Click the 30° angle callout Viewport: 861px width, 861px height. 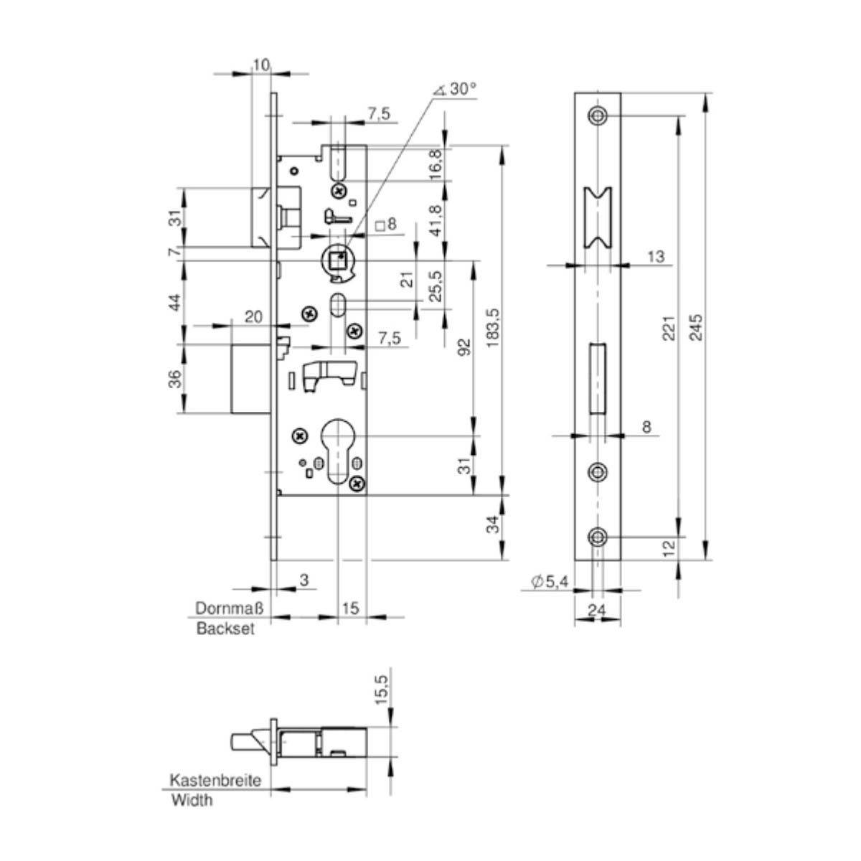point(456,89)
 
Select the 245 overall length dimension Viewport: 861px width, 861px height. point(697,327)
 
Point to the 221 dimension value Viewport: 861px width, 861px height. point(669,329)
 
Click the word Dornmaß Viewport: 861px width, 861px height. point(230,608)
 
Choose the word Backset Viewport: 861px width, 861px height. point(225,629)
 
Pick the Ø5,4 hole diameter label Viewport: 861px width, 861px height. point(550,581)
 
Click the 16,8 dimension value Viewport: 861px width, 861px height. point(436,164)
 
